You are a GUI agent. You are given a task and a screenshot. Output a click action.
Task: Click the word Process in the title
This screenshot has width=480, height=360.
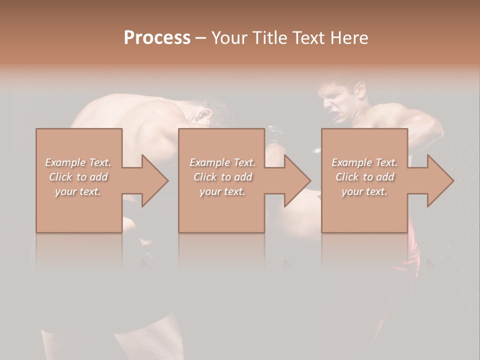coord(157,38)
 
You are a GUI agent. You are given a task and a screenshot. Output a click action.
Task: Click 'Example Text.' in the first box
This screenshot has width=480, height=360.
coord(78,162)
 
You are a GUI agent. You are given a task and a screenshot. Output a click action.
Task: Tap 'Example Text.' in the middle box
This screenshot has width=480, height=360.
coord(222,162)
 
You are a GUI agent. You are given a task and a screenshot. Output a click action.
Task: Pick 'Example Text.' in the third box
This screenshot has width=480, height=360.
coord(364,162)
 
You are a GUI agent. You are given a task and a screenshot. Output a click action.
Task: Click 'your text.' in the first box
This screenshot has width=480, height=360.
coord(78,191)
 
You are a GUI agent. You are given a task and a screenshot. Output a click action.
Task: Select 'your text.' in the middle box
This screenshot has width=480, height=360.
coord(222,191)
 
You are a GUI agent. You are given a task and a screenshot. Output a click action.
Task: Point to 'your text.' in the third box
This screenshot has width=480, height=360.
coord(364,191)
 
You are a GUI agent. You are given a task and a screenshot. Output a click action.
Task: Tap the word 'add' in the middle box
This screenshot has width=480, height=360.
coord(243,177)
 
